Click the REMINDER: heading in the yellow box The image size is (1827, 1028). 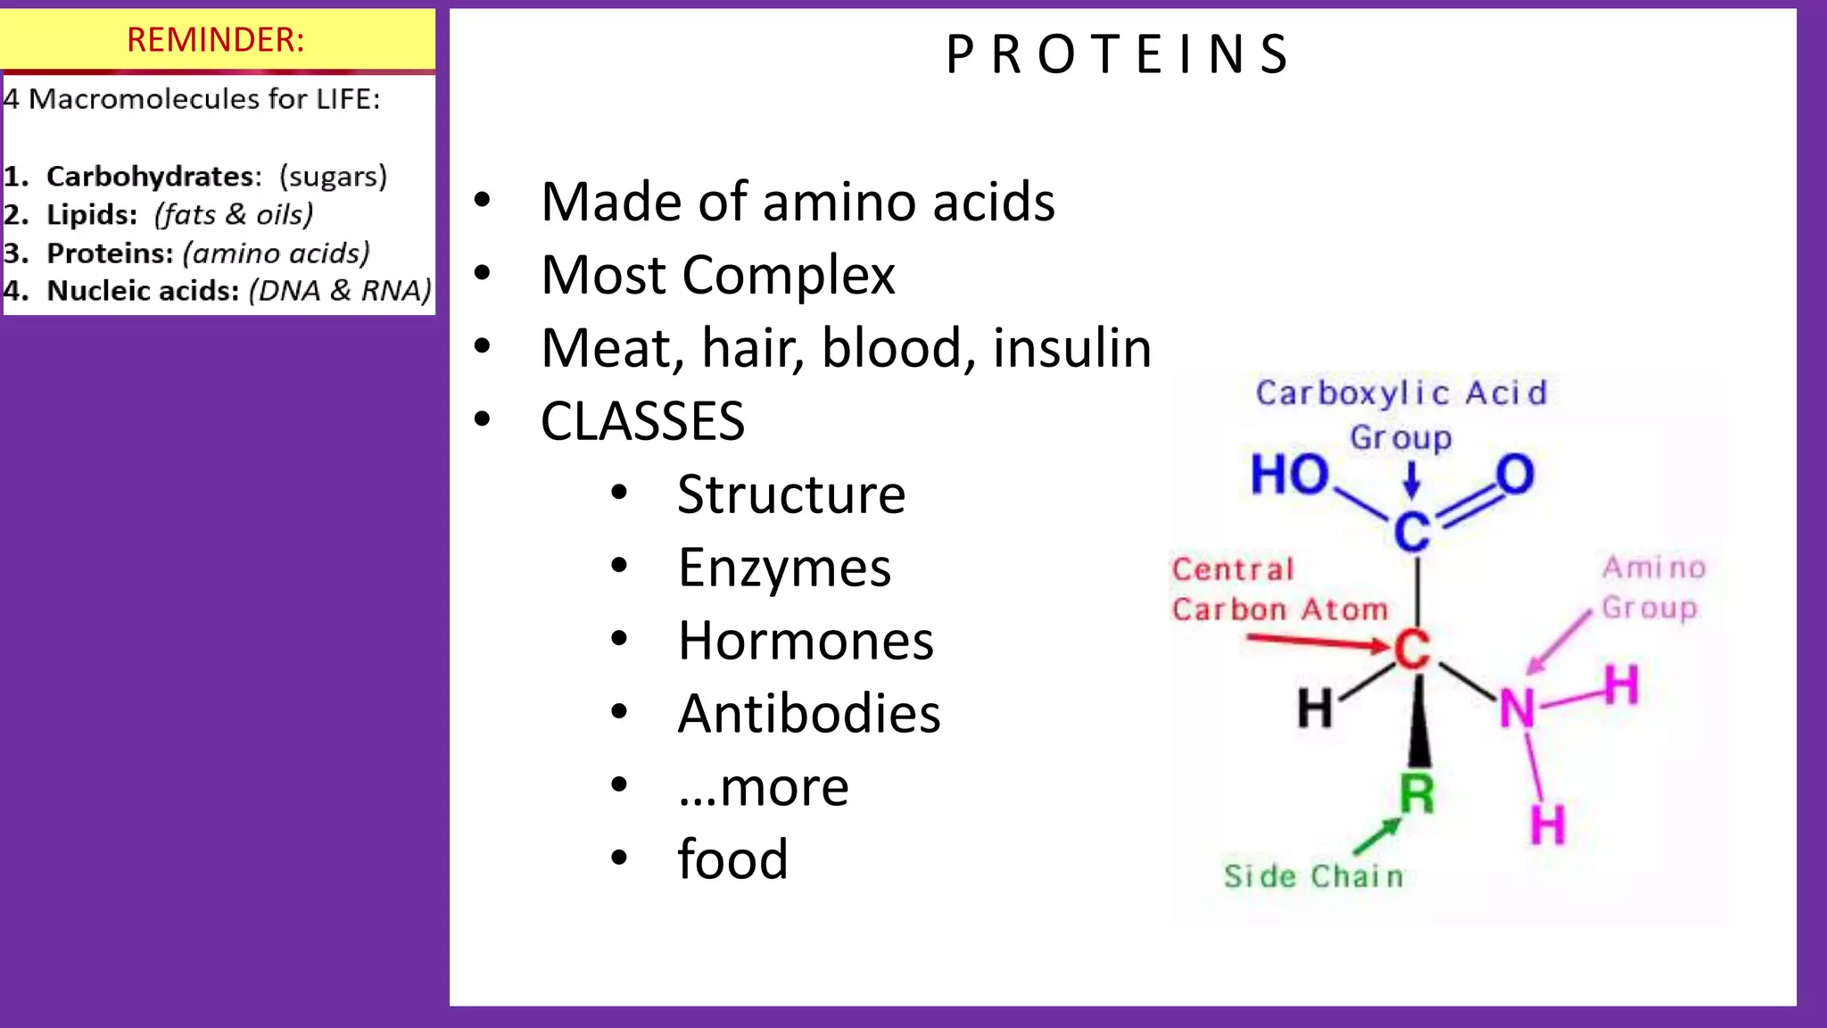tap(216, 40)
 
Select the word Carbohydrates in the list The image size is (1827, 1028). tap(153, 177)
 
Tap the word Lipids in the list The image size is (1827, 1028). tap(91, 215)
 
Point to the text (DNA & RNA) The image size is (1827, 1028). tap(340, 291)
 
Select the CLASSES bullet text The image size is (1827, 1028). tap(642, 421)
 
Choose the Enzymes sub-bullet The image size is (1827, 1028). tap(784, 568)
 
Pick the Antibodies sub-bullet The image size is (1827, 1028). tap(808, 714)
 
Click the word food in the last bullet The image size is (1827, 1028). tap(732, 859)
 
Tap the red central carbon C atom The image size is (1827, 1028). tap(1412, 650)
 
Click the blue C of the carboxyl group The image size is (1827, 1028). tap(1412, 532)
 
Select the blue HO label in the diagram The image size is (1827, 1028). tap(1288, 475)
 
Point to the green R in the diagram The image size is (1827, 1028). tap(1417, 793)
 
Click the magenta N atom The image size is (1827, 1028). tap(1517, 709)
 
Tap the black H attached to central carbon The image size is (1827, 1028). tap(1315, 709)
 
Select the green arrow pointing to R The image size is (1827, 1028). tap(1376, 837)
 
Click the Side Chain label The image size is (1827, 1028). tap(1313, 876)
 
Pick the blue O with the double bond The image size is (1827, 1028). tap(1515, 475)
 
